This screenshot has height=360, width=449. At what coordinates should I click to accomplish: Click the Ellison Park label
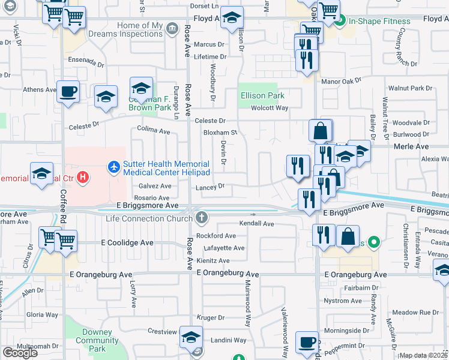(262, 95)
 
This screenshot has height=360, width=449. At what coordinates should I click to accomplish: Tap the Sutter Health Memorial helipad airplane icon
(113, 166)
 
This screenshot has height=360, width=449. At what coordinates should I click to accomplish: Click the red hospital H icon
(83, 178)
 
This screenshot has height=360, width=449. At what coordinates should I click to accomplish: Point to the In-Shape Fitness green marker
(340, 22)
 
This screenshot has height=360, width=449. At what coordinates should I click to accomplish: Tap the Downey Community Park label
(93, 340)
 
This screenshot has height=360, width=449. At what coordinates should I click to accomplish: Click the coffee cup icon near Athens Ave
(68, 92)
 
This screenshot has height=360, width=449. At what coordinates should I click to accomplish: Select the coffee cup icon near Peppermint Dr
(307, 342)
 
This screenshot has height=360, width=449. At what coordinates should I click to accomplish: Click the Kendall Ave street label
(256, 224)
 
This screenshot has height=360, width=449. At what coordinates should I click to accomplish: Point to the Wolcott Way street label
(270, 108)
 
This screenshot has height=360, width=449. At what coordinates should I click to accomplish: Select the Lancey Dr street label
(209, 187)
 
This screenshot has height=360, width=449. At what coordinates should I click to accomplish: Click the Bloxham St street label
(220, 133)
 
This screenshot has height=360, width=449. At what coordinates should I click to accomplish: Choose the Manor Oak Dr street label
(342, 80)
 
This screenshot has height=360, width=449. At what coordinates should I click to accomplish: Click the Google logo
(20, 352)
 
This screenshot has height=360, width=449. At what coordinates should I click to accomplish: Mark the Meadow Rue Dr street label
(415, 313)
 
